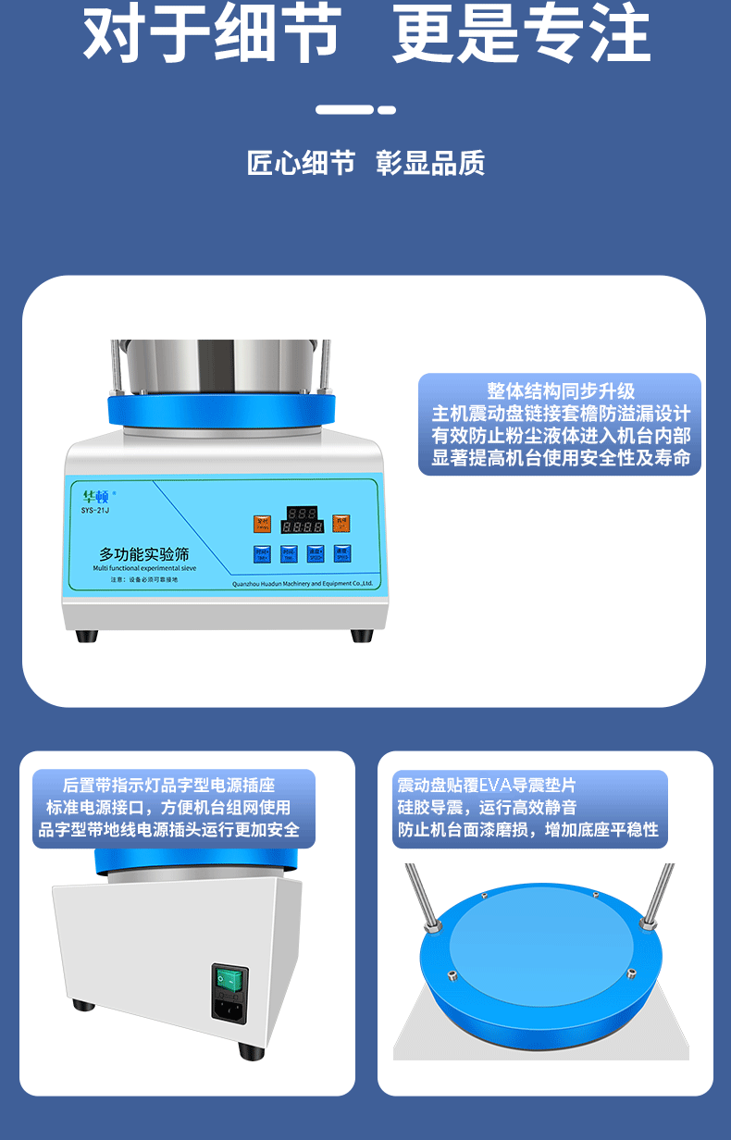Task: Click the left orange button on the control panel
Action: click(x=261, y=524)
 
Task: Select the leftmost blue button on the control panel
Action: click(x=261, y=553)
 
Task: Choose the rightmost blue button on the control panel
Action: click(x=342, y=553)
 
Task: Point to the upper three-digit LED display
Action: click(x=302, y=513)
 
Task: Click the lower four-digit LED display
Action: click(x=302, y=527)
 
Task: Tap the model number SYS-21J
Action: click(x=94, y=510)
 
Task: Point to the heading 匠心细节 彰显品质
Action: click(x=365, y=164)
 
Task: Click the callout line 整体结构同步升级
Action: click(x=561, y=391)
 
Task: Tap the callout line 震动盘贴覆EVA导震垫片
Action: click(x=487, y=785)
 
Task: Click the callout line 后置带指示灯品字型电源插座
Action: click(x=168, y=785)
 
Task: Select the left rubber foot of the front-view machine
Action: click(x=86, y=636)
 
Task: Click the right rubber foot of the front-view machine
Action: click(x=362, y=636)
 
